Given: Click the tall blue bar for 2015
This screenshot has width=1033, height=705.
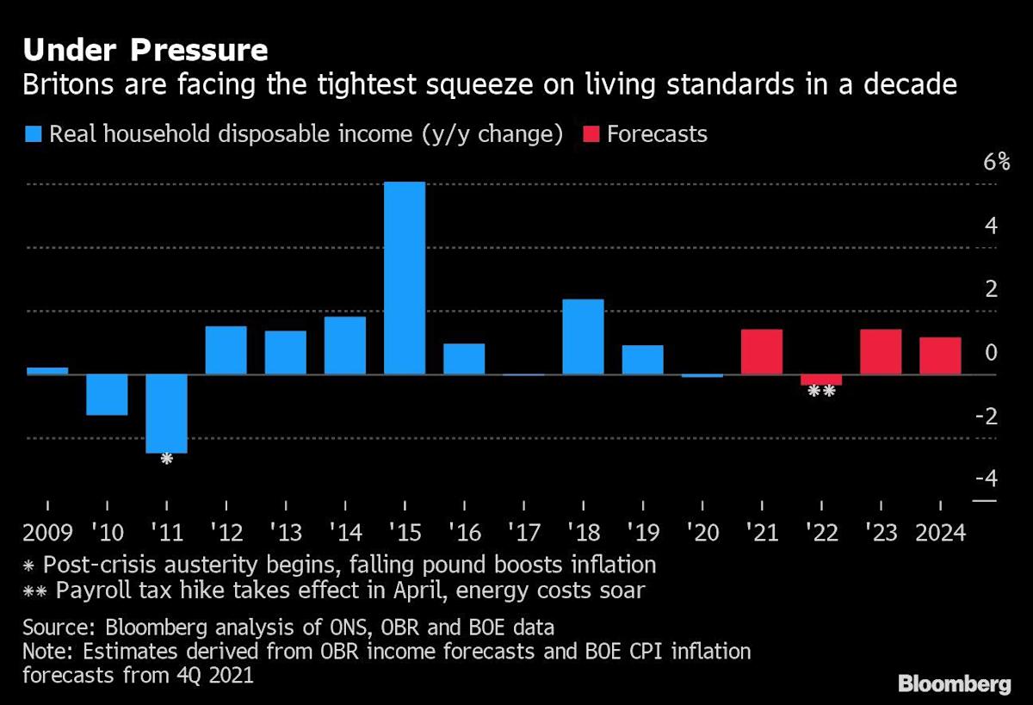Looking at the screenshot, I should pos(405,278).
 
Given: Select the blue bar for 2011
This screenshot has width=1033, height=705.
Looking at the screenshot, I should pos(166,413).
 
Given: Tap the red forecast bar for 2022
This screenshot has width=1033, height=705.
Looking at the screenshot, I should pos(820,380).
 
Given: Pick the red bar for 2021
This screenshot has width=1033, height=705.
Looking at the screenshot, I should pos(761,352).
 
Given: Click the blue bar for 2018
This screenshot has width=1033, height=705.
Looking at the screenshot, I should pos(583,337).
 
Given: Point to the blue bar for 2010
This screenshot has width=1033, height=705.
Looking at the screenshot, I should pos(107,394).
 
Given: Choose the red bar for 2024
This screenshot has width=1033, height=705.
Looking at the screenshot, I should pos(940,356).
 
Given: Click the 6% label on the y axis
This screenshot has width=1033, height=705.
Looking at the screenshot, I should pos(984,162).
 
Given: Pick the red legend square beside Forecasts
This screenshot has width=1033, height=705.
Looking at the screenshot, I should pos(591,134).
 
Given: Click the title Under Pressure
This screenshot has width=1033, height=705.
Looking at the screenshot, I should pos(145,50).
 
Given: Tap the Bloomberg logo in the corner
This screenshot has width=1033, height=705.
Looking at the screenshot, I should pos(954,684).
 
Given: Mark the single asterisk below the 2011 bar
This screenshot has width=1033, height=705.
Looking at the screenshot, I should pos(167,459).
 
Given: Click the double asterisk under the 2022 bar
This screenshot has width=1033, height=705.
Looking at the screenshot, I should pos(821,392).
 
